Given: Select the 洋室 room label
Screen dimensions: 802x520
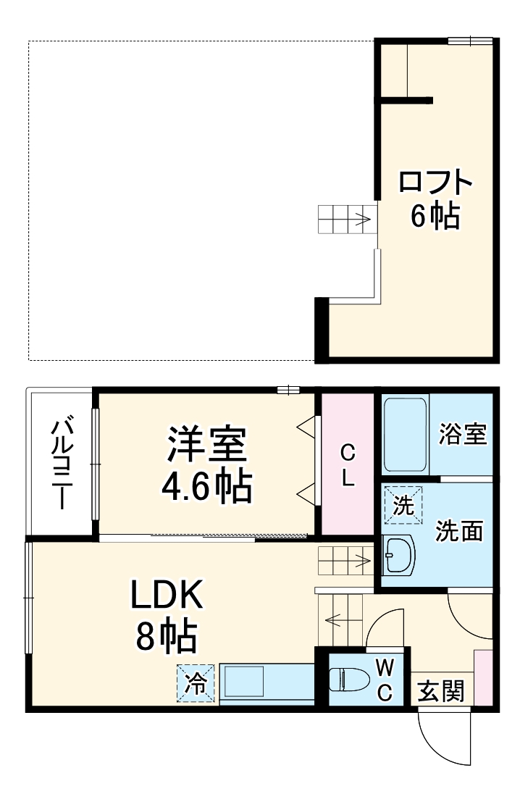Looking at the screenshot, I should coord(208,446).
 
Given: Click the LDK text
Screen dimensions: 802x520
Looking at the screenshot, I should coord(168,596).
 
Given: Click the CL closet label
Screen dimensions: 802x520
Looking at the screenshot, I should coord(348,465).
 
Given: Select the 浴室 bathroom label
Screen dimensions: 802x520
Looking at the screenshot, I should coord(463,435).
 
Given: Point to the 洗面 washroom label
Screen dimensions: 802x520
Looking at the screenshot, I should coord(459,531).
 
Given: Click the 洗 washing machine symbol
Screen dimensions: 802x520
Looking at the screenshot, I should coord(402,506).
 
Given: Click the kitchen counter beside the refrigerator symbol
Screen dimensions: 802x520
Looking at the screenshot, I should coord(267,682).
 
